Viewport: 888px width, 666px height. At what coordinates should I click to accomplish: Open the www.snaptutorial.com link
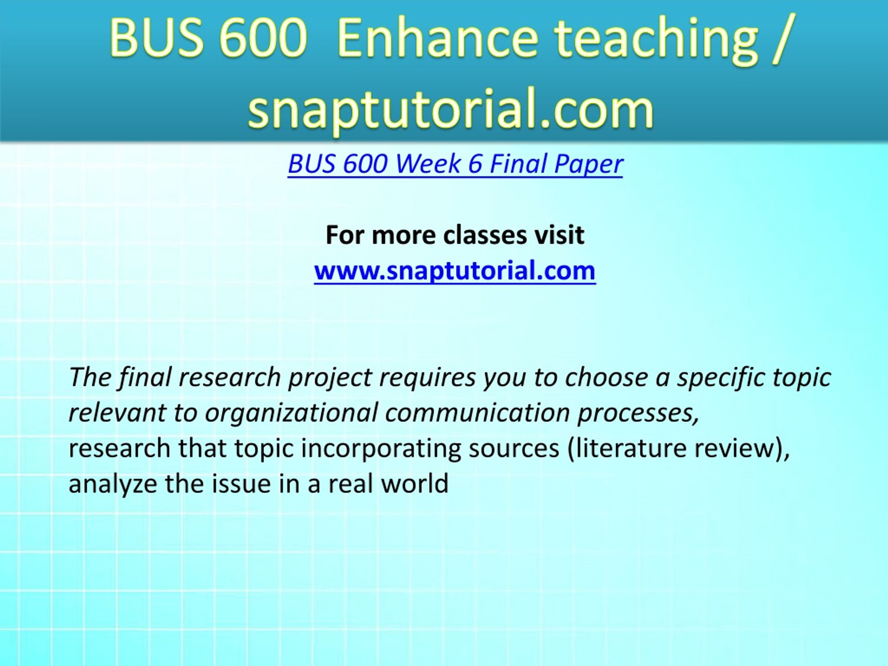454,271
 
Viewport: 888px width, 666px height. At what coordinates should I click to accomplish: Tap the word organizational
291,413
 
